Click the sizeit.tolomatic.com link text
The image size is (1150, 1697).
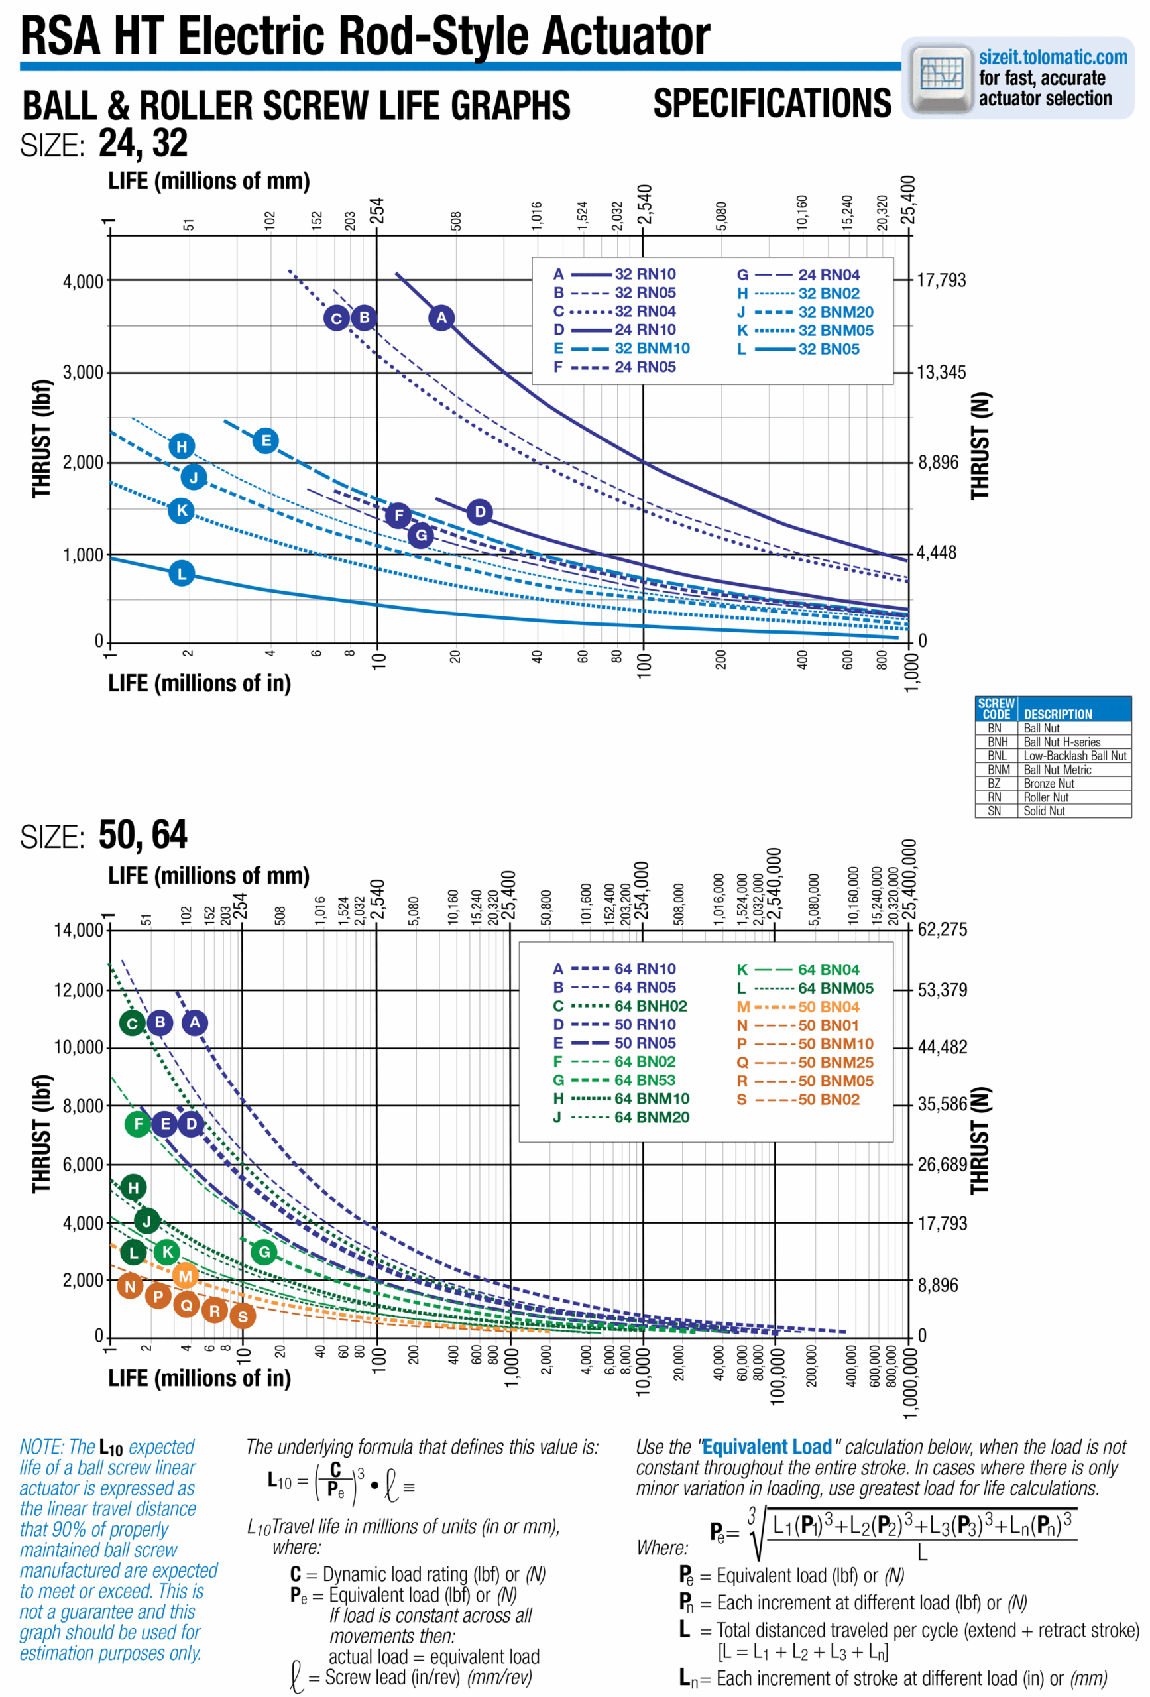point(1052,57)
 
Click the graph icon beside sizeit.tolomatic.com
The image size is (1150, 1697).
point(941,78)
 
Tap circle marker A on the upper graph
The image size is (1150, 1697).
point(441,318)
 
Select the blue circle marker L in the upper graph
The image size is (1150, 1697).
point(182,573)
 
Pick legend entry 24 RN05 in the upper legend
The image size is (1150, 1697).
point(645,367)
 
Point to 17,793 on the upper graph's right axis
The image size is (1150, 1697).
point(941,280)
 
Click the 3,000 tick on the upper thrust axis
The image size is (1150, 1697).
point(82,373)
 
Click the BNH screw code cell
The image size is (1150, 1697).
point(997,742)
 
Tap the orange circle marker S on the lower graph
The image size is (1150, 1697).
point(243,1317)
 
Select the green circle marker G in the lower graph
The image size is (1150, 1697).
point(264,1252)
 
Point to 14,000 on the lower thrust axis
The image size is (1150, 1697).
point(78,930)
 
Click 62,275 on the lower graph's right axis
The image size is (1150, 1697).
point(942,929)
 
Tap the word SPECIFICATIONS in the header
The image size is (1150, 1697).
point(772,103)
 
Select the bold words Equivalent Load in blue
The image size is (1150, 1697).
point(767,1446)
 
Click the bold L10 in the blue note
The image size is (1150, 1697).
point(111,1448)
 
